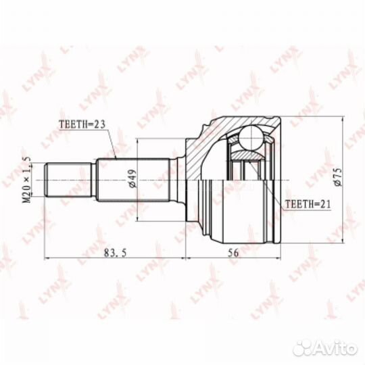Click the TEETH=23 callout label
pyautogui.click(x=82, y=124)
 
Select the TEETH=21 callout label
pyautogui.click(x=308, y=204)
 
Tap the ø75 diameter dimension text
pyautogui.click(x=337, y=177)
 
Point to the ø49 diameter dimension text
pyautogui.click(x=132, y=178)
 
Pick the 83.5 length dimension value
pyautogui.click(x=115, y=253)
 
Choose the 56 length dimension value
pyautogui.click(x=233, y=253)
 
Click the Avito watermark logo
pyautogui.click(x=325, y=348)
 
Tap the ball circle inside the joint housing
pyautogui.click(x=252, y=139)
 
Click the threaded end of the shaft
pyautogui.click(x=68, y=180)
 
